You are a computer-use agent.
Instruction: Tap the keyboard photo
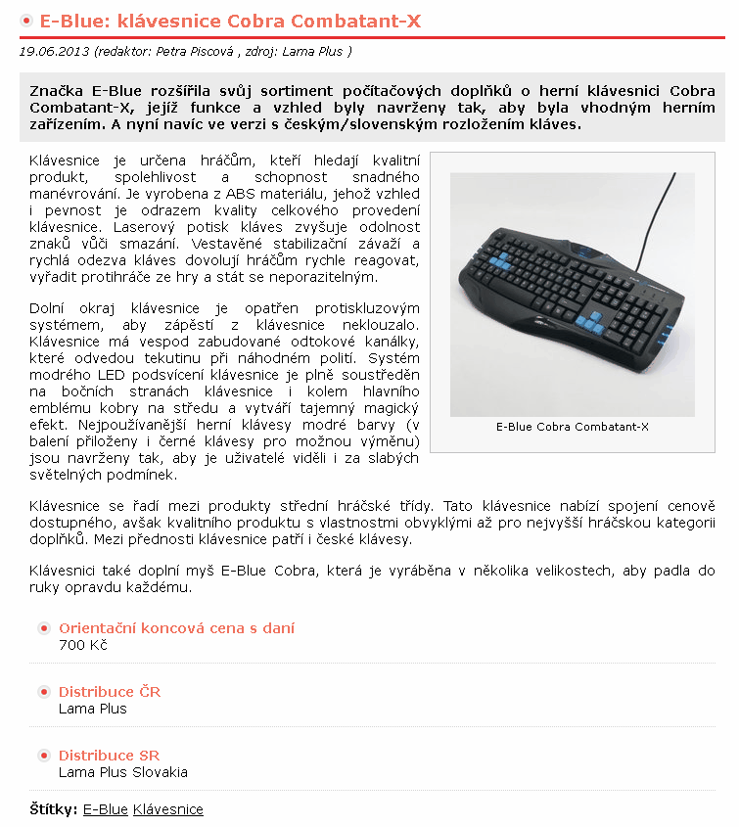click(x=572, y=295)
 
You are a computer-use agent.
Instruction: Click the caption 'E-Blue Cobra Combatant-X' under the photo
click(x=572, y=427)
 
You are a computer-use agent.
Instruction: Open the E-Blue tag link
click(x=106, y=809)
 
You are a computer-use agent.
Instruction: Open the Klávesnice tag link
click(x=168, y=809)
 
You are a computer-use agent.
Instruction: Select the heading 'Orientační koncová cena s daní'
click(x=176, y=628)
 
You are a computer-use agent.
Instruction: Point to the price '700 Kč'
click(x=83, y=645)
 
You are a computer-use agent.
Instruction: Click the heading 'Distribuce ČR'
click(x=110, y=692)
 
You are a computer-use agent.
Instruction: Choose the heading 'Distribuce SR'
click(x=109, y=756)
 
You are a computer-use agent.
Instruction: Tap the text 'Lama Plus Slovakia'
click(x=123, y=772)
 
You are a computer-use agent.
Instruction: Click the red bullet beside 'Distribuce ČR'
click(x=44, y=692)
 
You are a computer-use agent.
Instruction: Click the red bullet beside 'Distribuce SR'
click(x=44, y=756)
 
